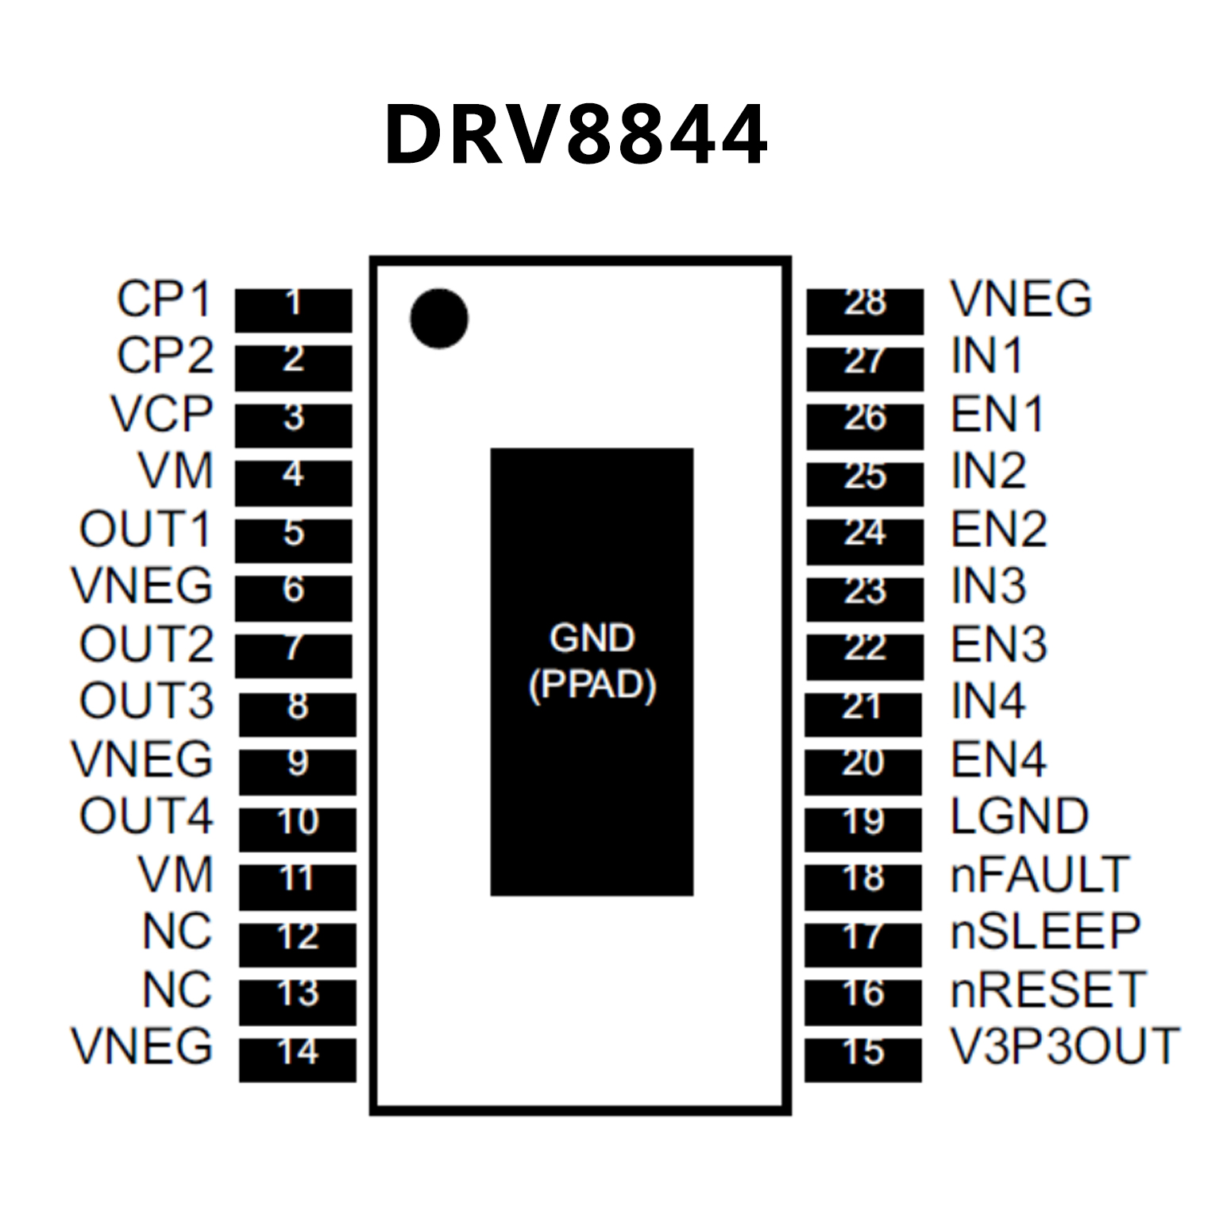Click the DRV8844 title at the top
pyautogui.click(x=576, y=135)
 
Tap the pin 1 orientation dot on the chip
pyautogui.click(x=438, y=318)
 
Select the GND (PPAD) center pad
pyautogui.click(x=592, y=671)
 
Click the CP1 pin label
pyautogui.click(x=164, y=299)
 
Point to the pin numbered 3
pyautogui.click(x=293, y=418)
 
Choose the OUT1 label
pyautogui.click(x=146, y=529)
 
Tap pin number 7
pyautogui.click(x=293, y=648)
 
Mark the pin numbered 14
pyautogui.click(x=298, y=1052)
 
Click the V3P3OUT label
pyautogui.click(x=1064, y=1046)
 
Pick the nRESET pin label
pyautogui.click(x=1047, y=989)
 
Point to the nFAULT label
pyautogui.click(x=1040, y=874)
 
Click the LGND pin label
pyautogui.click(x=1020, y=816)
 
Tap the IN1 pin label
pyautogui.click(x=986, y=356)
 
